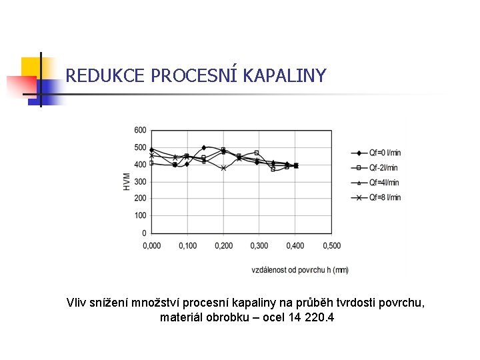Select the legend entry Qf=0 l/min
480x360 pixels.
[375, 153]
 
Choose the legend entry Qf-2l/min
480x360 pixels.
[375, 167]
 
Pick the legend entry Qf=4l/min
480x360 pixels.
[375, 182]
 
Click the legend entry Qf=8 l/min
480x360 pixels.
[375, 197]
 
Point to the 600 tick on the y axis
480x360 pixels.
[140, 130]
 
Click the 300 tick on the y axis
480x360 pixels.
[140, 181]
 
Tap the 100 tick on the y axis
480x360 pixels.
[140, 216]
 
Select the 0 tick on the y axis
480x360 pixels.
[144, 233]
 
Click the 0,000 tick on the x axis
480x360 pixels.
[151, 246]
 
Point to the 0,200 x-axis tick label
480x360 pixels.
[223, 246]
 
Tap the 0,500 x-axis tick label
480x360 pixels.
[331, 246]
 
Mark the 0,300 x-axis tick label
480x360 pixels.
[259, 246]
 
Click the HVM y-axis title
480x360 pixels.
[127, 181]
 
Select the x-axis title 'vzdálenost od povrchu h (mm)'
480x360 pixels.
[299, 270]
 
